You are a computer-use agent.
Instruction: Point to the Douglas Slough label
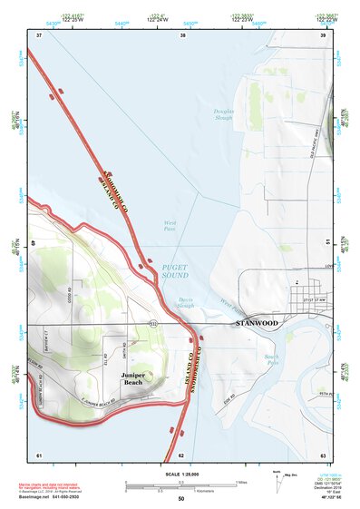(223, 114)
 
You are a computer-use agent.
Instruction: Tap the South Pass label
(270, 359)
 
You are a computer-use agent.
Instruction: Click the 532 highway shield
(152, 321)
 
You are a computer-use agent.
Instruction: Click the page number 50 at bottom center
(180, 499)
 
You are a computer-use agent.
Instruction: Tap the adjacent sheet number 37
(39, 34)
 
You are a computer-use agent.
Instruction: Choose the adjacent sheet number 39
(322, 34)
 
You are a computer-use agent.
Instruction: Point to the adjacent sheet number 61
(39, 455)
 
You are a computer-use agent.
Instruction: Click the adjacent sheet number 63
(322, 455)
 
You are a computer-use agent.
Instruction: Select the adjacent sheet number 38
(182, 34)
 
